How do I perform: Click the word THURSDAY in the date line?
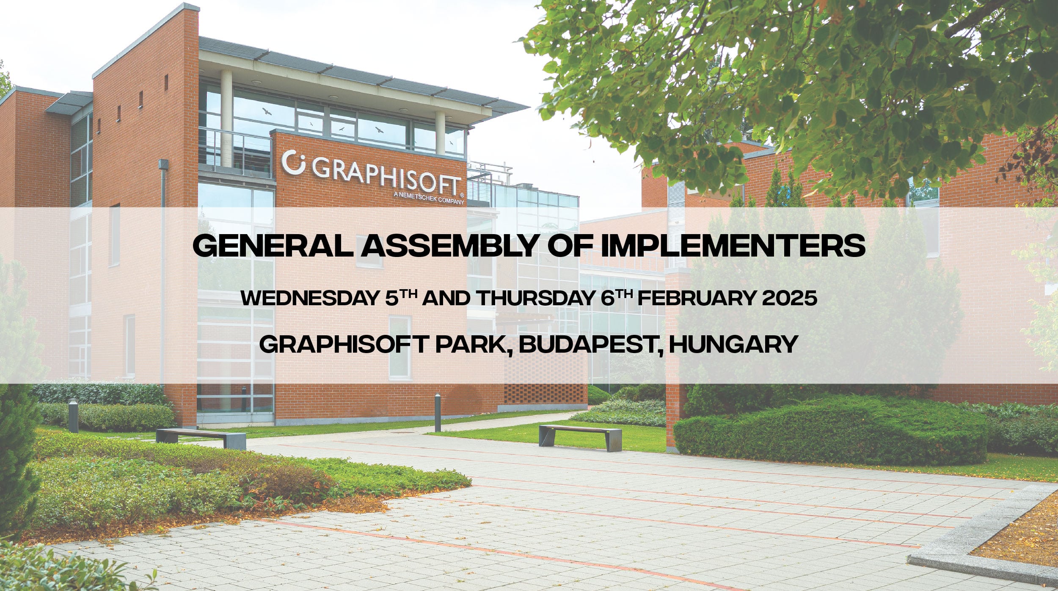click(x=536, y=298)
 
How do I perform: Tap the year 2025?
click(x=789, y=298)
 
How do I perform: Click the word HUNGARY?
click(x=733, y=344)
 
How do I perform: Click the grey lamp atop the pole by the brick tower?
click(x=163, y=164)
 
